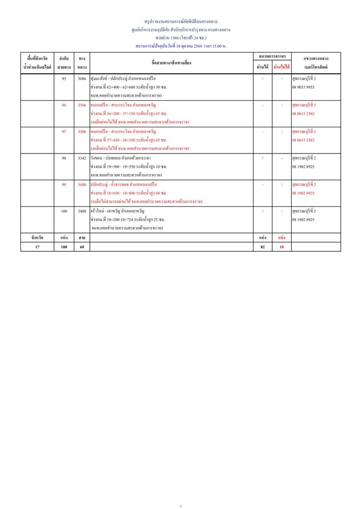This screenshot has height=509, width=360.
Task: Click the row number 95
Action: pyautogui.click(x=64, y=79)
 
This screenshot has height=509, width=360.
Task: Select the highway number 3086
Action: pyautogui.click(x=82, y=79)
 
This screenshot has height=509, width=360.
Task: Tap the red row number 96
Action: pyautogui.click(x=64, y=105)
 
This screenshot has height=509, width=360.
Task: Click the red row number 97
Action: pyautogui.click(x=64, y=131)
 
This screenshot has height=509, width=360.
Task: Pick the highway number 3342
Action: pyautogui.click(x=82, y=158)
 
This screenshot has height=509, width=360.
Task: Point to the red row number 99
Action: pyautogui.click(x=64, y=185)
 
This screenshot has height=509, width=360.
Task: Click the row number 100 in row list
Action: pyautogui.click(x=64, y=211)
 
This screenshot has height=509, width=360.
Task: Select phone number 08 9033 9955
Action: pyautogui.click(x=303, y=87)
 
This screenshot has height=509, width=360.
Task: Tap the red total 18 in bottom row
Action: pyautogui.click(x=282, y=247)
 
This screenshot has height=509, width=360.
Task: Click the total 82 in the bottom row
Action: pyautogui.click(x=263, y=247)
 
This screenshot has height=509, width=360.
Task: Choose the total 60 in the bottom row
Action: pyautogui.click(x=82, y=247)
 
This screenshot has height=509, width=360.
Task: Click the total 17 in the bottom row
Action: pyautogui.click(x=37, y=247)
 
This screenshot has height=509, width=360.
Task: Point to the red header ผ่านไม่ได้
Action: pyautogui.click(x=282, y=67)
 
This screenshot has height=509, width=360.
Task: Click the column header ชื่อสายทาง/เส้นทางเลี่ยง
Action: pyautogui.click(x=171, y=63)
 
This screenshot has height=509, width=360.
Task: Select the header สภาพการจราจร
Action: pyautogui.click(x=272, y=56)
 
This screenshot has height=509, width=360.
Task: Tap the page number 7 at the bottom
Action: pyautogui.click(x=181, y=506)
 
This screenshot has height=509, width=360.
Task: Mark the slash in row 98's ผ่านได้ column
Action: pyautogui.click(x=263, y=158)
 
